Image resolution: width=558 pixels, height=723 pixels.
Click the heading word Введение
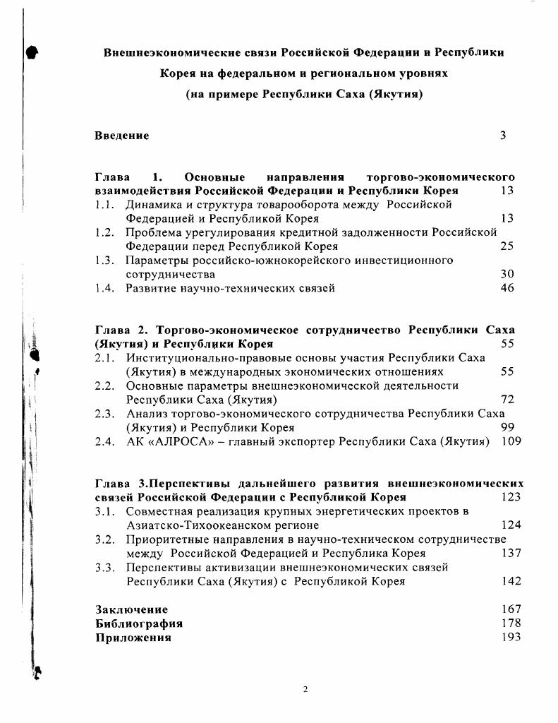click(122, 136)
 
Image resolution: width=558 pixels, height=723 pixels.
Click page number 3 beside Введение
click(503, 136)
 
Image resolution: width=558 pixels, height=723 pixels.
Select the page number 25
click(507, 246)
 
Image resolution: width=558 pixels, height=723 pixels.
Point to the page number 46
click(507, 288)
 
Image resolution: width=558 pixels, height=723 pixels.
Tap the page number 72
click(507, 400)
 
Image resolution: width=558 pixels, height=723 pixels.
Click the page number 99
click(507, 428)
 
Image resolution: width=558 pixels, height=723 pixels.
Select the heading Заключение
click(132, 609)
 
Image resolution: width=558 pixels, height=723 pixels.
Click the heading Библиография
click(139, 623)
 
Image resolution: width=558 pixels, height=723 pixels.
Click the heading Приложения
click(133, 638)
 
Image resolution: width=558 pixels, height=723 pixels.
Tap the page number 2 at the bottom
click(305, 690)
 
